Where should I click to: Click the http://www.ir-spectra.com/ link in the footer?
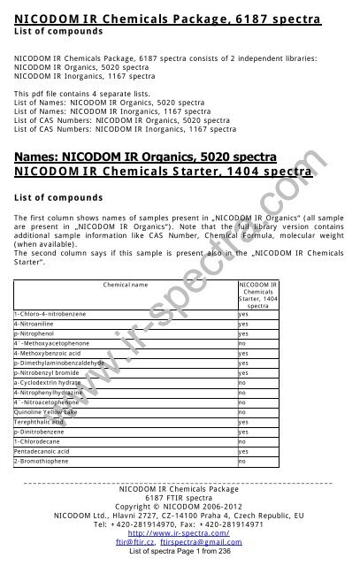click(x=180, y=534)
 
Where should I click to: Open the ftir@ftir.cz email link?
click(x=147, y=543)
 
